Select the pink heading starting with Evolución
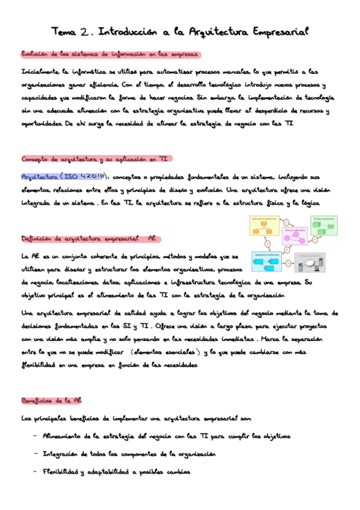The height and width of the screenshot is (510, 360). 110,55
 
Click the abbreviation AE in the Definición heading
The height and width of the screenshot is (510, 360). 152,238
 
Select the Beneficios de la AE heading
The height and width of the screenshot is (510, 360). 52,400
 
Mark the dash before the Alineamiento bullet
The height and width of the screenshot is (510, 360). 36,436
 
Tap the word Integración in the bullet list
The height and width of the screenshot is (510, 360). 63,453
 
